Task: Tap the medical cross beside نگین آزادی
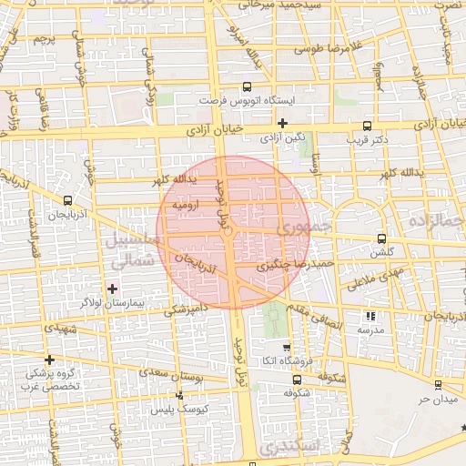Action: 283,123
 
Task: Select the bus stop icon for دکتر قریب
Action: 367,127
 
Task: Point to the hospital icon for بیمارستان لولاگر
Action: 112,289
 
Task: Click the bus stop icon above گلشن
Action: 380,238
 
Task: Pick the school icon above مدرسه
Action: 370,316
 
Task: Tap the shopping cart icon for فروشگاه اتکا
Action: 287,347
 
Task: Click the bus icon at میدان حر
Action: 438,385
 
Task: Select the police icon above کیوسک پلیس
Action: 179,395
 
